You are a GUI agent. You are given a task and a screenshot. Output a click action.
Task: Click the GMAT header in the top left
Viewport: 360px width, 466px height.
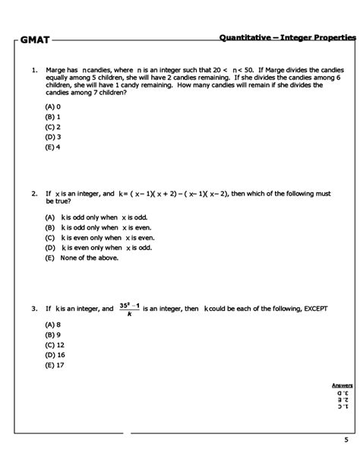34,39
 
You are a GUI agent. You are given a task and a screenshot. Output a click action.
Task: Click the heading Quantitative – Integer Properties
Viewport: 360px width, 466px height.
289,37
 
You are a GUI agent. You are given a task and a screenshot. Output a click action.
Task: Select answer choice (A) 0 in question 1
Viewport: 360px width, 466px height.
52,107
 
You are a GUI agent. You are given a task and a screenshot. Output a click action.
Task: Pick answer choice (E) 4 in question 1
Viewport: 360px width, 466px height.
52,147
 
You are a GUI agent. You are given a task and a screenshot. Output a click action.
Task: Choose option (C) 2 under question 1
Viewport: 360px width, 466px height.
52,127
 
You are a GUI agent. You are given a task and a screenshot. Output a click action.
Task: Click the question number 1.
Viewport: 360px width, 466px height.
34,68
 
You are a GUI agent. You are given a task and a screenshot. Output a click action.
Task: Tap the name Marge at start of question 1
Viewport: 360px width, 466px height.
56,68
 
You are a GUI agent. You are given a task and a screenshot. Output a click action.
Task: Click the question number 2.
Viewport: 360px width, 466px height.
34,194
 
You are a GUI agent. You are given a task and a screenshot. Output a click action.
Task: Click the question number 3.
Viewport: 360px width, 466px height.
34,309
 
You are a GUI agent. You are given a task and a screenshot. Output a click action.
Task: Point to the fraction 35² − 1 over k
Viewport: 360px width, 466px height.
129,309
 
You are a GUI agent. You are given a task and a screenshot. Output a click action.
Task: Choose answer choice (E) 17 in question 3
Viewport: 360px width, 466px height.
55,364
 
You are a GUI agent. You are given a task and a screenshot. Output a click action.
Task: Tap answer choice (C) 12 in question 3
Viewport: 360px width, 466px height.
55,344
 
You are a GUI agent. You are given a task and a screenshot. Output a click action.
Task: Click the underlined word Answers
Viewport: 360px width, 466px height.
342,385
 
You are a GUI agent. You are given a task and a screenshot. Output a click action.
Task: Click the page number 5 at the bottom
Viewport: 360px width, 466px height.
346,440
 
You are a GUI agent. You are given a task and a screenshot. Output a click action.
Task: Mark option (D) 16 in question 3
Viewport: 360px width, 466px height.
55,354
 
